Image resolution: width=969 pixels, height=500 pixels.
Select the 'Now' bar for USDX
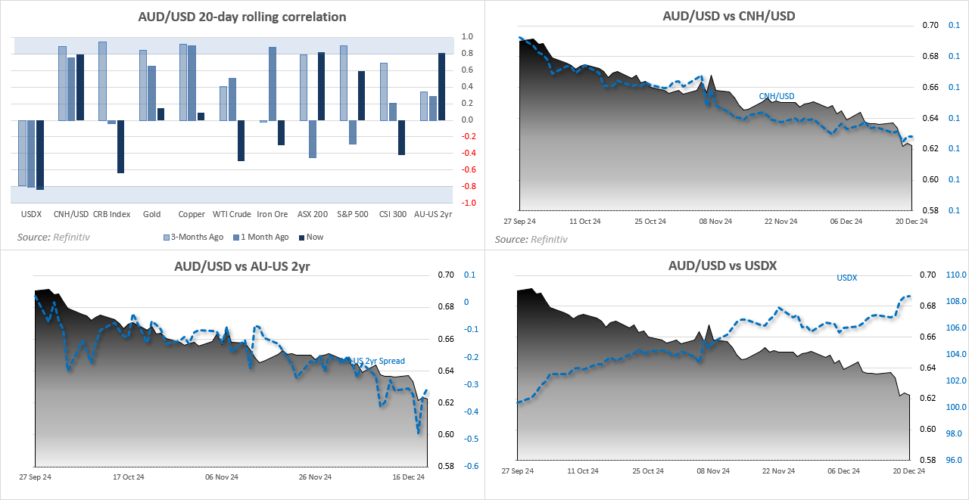click(x=40, y=155)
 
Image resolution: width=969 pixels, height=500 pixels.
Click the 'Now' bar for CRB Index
click(x=120, y=147)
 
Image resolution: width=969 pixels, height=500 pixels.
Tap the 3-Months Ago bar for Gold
click(x=143, y=85)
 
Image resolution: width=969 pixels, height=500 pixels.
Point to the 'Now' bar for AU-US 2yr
click(x=441, y=86)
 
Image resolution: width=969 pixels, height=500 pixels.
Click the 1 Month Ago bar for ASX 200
click(x=312, y=139)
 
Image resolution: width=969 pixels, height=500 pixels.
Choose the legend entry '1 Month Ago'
click(x=260, y=237)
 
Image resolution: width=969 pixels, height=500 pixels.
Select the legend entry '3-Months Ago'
click(x=193, y=237)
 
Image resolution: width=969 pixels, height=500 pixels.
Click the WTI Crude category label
click(x=232, y=214)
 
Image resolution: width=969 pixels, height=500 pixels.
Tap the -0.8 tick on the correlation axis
click(x=468, y=186)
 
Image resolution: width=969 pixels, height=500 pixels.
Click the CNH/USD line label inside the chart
click(x=777, y=96)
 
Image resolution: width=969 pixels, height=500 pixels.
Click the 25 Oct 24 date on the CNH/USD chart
click(x=650, y=222)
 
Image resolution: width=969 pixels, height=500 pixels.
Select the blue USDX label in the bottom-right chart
click(x=846, y=278)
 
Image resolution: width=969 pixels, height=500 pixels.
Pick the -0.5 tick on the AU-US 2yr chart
click(x=471, y=439)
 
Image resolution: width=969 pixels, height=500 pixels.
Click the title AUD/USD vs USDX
click(x=722, y=266)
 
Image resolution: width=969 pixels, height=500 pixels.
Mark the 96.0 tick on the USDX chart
click(x=953, y=460)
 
